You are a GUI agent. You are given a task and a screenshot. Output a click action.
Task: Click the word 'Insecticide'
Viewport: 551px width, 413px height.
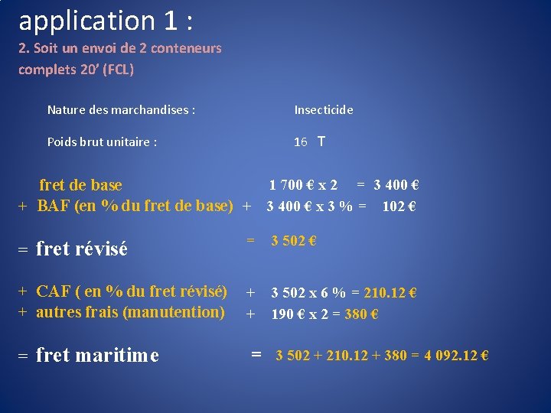324,110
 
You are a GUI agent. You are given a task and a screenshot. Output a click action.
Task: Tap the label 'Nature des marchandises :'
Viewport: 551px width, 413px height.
121,110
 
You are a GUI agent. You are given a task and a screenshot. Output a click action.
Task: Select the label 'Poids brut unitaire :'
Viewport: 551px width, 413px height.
102,142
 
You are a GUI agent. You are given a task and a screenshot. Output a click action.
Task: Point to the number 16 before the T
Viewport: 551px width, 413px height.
301,142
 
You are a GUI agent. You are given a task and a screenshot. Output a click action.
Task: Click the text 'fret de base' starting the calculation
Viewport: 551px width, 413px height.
80,185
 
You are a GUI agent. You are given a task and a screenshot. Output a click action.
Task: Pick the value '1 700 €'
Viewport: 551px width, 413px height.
290,184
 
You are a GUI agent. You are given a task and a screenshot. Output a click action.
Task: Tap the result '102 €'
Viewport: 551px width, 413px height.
398,206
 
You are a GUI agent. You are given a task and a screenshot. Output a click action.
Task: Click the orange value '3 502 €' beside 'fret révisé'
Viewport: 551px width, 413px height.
294,241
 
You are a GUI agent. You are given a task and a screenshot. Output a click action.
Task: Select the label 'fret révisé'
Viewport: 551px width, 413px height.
81,249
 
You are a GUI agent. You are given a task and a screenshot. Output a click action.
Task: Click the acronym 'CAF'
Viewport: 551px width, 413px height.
54,291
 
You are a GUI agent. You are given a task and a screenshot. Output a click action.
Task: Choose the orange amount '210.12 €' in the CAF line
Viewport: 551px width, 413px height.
390,293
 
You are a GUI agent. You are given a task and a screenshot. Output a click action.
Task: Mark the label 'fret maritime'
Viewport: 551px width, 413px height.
97,356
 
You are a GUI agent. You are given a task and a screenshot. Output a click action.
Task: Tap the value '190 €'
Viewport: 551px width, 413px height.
287,314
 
